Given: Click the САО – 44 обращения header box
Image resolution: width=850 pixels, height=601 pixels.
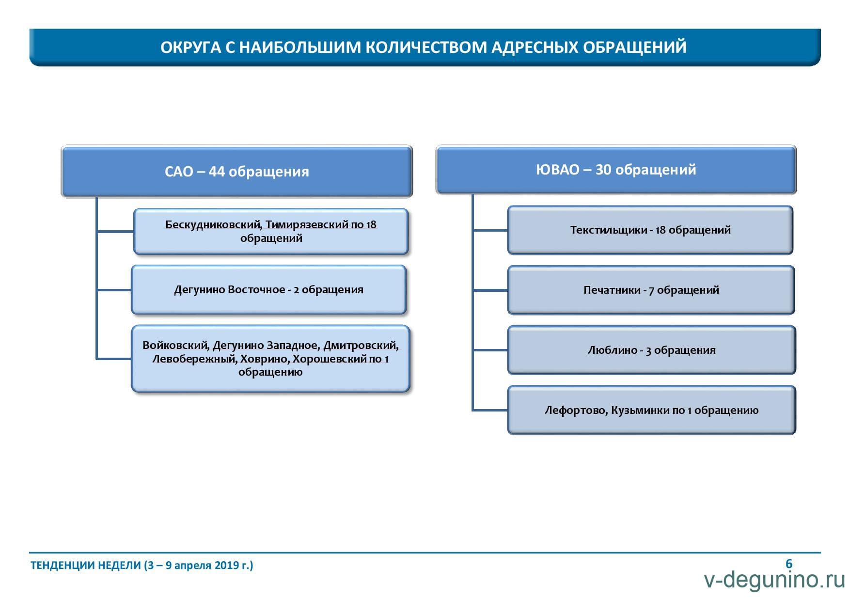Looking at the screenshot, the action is [x=236, y=171].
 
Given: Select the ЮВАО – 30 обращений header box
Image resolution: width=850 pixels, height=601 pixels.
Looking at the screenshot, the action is [x=616, y=170].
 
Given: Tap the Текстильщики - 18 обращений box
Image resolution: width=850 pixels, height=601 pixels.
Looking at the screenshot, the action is [x=650, y=230].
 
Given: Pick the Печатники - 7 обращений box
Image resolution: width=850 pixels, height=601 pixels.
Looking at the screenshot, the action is [x=651, y=290].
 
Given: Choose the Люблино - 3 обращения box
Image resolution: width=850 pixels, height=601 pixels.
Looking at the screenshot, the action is [x=652, y=350].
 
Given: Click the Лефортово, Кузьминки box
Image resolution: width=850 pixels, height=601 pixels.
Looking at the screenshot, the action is [x=652, y=410].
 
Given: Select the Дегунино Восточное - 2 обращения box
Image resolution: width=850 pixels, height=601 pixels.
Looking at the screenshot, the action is [x=268, y=289].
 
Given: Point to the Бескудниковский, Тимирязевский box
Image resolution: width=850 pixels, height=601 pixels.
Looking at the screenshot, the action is [x=271, y=231].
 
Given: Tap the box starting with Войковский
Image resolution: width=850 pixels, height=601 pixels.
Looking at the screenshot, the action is [x=270, y=359].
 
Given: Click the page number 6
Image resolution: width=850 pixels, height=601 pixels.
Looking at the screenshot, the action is [x=789, y=564].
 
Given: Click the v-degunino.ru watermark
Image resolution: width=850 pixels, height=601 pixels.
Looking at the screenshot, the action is [x=774, y=580].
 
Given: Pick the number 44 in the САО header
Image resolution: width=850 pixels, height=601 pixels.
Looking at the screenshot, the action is [x=216, y=172].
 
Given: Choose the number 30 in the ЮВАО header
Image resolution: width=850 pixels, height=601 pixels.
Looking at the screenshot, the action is [x=603, y=170].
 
